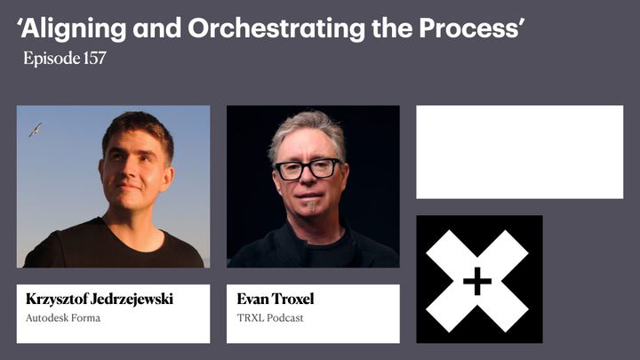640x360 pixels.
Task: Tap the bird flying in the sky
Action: click(x=36, y=130)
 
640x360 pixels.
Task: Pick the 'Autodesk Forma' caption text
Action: click(x=63, y=317)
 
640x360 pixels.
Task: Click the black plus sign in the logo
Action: click(x=477, y=281)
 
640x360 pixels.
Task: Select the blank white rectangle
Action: click(x=519, y=152)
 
